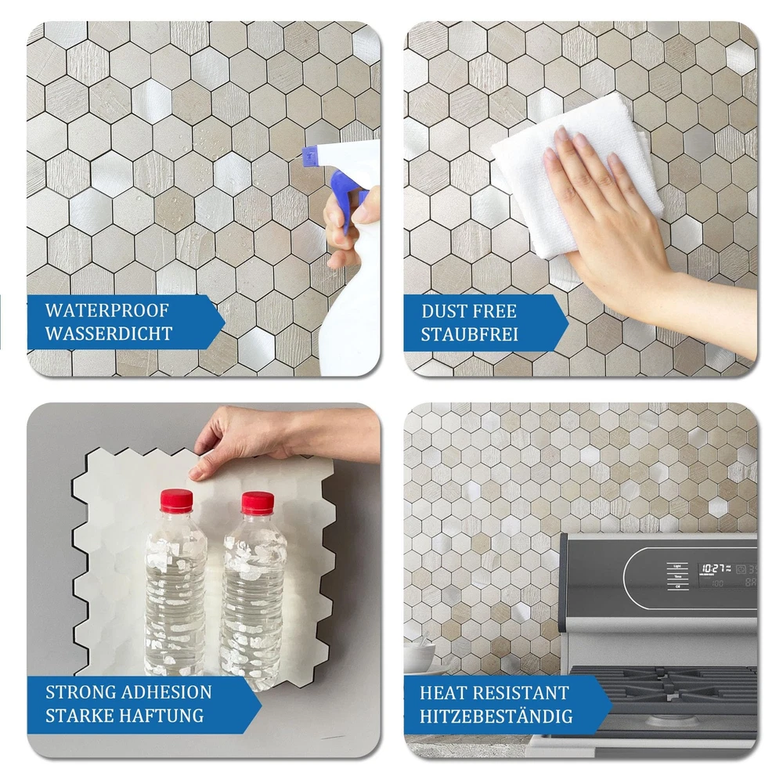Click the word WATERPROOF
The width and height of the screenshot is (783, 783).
(106, 311)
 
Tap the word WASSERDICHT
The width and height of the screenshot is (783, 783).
(109, 334)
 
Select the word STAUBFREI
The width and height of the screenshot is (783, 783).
(469, 334)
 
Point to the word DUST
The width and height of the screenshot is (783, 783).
(443, 311)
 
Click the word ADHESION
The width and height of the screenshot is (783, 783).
(166, 692)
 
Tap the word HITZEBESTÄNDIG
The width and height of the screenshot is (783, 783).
(496, 716)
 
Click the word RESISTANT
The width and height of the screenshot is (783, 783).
(521, 693)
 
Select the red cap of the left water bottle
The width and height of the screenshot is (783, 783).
(176, 500)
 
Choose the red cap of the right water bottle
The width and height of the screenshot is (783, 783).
(258, 503)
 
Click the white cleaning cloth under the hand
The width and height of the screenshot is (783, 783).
(574, 180)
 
